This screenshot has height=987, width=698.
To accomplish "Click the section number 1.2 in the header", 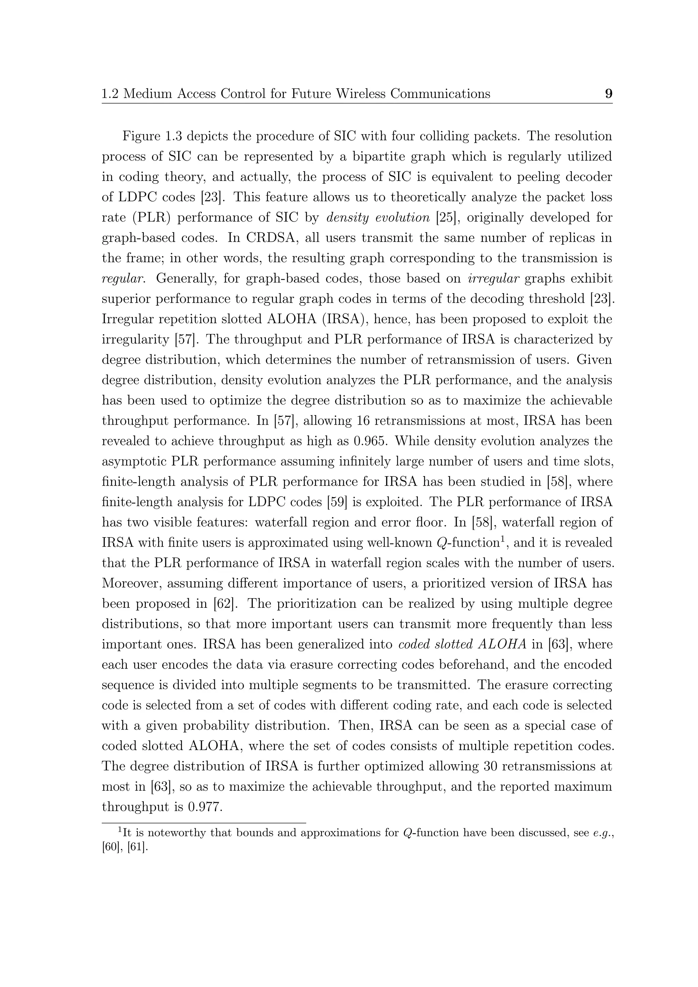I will click(x=110, y=93).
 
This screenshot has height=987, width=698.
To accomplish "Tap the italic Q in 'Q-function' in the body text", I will click(x=441, y=543).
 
